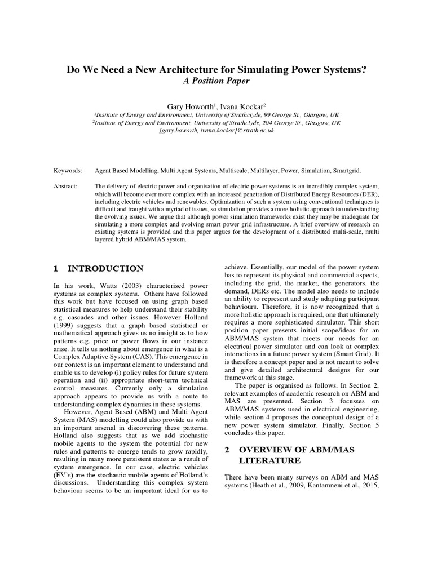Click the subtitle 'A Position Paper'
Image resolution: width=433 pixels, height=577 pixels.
(216, 81)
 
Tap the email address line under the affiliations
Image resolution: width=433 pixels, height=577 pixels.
(216, 130)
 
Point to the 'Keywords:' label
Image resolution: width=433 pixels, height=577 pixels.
(68, 170)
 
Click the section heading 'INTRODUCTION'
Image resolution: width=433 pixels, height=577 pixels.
(105, 268)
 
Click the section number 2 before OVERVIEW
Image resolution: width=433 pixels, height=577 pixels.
(227, 450)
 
